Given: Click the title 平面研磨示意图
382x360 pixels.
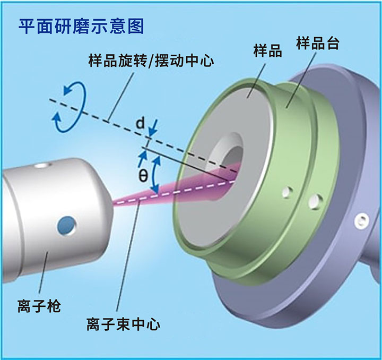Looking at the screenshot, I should tap(81, 25).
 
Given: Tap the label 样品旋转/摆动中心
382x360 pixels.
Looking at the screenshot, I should tap(151, 61).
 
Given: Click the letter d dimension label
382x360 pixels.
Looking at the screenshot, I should tap(140, 124).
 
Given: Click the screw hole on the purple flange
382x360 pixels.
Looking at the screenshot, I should tap(362, 219).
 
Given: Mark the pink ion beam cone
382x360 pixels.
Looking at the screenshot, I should tap(175, 191).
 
